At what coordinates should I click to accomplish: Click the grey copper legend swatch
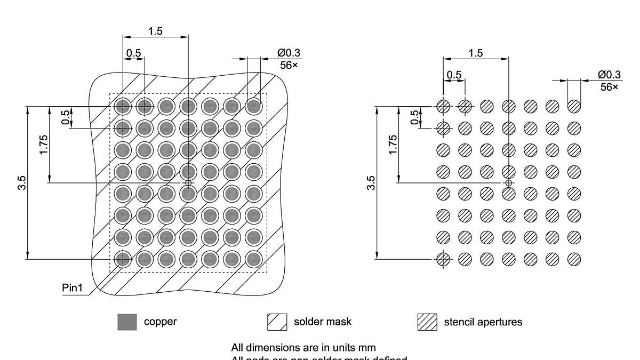127,322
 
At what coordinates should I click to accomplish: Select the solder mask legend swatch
277,322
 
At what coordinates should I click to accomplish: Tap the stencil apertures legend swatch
427,322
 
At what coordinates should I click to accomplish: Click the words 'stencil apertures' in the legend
483,322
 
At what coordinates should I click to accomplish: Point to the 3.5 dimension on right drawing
372,183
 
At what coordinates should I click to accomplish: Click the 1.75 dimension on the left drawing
44,145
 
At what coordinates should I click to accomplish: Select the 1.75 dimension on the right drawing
393,145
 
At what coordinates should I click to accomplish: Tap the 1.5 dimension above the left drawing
155,31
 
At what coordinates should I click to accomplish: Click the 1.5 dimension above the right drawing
476,53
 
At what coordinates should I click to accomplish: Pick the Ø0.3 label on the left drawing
289,53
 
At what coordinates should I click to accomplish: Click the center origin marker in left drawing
188,183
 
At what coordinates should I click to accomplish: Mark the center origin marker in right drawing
508,183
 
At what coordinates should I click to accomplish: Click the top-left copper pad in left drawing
123,106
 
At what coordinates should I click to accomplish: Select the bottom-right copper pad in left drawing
253,259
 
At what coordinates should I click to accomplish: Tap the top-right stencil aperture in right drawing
574,106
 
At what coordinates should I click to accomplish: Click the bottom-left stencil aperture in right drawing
443,259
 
